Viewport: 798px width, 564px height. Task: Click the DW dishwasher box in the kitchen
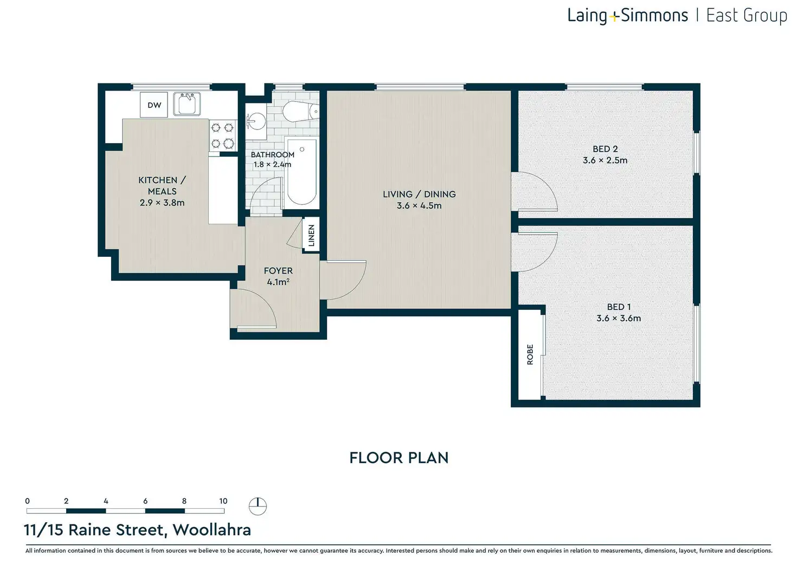pyautogui.click(x=153, y=105)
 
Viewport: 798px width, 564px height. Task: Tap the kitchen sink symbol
pyautogui.click(x=187, y=103)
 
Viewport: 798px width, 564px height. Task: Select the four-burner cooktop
pyautogui.click(x=223, y=135)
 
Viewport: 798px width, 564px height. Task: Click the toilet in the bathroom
pyautogui.click(x=301, y=112)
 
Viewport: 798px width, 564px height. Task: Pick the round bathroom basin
pyautogui.click(x=256, y=121)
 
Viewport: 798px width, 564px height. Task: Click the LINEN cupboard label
pyautogui.click(x=311, y=235)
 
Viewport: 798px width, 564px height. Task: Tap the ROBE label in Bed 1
pyautogui.click(x=530, y=354)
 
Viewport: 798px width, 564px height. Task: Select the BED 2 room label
pyautogui.click(x=605, y=149)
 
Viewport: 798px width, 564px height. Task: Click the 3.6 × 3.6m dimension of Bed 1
pyautogui.click(x=619, y=318)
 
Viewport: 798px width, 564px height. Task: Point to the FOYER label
pyautogui.click(x=278, y=270)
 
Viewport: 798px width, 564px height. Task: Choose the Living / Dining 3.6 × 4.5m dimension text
pyautogui.click(x=419, y=205)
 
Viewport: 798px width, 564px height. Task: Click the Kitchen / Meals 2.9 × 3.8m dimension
pyautogui.click(x=162, y=203)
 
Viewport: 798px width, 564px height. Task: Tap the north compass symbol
pyautogui.click(x=258, y=507)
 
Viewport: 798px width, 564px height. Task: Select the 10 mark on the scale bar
pyautogui.click(x=223, y=501)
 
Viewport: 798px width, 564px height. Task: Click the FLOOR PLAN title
pyautogui.click(x=399, y=458)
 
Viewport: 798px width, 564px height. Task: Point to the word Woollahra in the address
pyautogui.click(x=212, y=530)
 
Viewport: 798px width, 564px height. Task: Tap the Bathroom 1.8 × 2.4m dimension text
pyautogui.click(x=273, y=165)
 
